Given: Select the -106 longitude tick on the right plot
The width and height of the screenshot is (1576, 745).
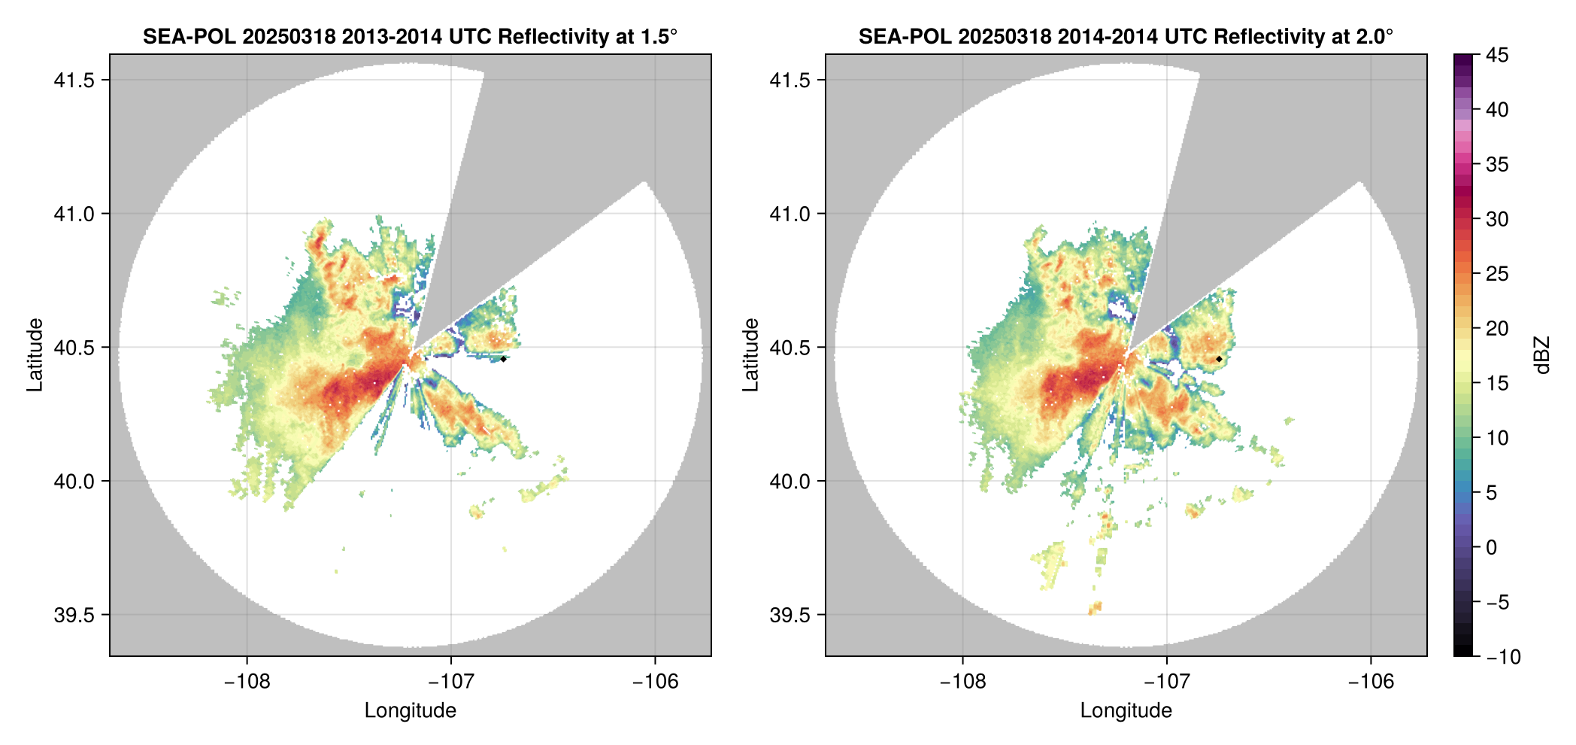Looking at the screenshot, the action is coord(1371,682).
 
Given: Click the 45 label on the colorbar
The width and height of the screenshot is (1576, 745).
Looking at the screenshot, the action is coord(1497,55).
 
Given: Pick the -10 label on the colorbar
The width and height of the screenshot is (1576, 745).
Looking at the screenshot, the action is coord(1503,657).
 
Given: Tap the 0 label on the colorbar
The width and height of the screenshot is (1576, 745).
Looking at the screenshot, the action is coord(1492,547).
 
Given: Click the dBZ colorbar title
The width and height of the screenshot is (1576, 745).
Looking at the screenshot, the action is coord(1542,355).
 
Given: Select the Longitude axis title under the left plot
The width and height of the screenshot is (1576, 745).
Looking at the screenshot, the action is coord(411,710).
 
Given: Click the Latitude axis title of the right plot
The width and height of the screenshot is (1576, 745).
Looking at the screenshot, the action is coord(750,354).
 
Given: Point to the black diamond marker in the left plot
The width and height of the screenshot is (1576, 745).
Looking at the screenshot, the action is coord(503,359).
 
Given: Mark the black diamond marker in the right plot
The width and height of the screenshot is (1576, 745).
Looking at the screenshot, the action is coord(1219,359).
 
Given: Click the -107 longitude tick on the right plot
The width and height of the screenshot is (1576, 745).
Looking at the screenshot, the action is coord(1166,682).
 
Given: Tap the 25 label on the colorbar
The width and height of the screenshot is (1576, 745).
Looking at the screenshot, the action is coord(1497,274).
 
